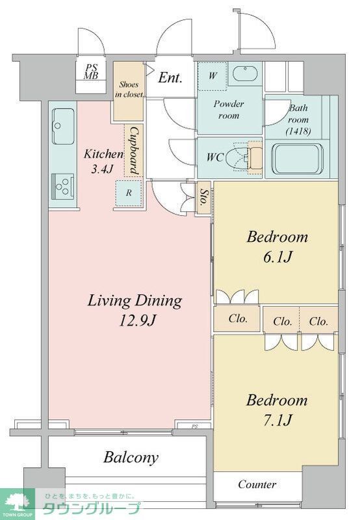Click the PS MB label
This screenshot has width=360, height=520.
tap(90, 71)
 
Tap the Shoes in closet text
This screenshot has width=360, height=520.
tap(129, 89)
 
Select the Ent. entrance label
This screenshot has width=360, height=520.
tap(170, 77)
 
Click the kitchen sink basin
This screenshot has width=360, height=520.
tap(62, 126)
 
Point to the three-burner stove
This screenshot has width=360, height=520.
tap(62, 187)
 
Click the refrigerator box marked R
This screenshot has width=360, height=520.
tap(129, 192)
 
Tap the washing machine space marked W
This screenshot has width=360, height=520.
tap(212, 75)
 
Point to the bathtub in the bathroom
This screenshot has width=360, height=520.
tap(297, 159)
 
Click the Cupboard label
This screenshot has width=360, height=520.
tap(134, 151)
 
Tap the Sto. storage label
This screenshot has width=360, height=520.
tap(204, 198)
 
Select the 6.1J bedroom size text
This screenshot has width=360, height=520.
tap(277, 257)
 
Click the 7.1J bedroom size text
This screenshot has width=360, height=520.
tap(277, 421)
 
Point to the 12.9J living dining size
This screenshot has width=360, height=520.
tap(137, 320)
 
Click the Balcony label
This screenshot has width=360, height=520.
tap(131, 458)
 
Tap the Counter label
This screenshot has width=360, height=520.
tap(257, 484)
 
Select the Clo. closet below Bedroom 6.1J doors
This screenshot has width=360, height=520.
tap(238, 318)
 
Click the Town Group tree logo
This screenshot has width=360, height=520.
tap(18, 502)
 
